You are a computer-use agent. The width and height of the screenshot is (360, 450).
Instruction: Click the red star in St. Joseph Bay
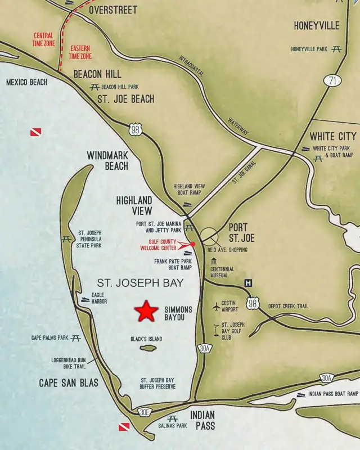click(146, 311)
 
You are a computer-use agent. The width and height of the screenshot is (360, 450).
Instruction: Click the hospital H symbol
click(247, 282)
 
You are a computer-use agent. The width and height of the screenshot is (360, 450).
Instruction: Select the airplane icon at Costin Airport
click(217, 307)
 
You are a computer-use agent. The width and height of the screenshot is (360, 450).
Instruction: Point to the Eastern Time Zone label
click(80, 52)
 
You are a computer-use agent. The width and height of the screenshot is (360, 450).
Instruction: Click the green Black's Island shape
click(148, 348)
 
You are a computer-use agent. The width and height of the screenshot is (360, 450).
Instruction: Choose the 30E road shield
click(145, 412)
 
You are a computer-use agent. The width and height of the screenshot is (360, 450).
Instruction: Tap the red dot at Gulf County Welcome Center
click(193, 244)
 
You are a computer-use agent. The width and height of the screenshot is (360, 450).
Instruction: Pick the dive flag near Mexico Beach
click(35, 132)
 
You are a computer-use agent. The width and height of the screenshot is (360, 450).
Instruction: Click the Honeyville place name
click(317, 26)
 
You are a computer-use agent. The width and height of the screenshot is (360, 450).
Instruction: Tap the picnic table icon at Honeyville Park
click(336, 49)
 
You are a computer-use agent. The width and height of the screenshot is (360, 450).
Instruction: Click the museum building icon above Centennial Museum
click(214, 261)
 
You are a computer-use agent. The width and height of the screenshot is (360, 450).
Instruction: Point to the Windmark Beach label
click(107, 160)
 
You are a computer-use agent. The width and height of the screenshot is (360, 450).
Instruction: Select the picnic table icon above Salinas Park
click(173, 419)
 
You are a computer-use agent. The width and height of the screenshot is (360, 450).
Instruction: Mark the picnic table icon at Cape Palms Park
click(76, 338)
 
